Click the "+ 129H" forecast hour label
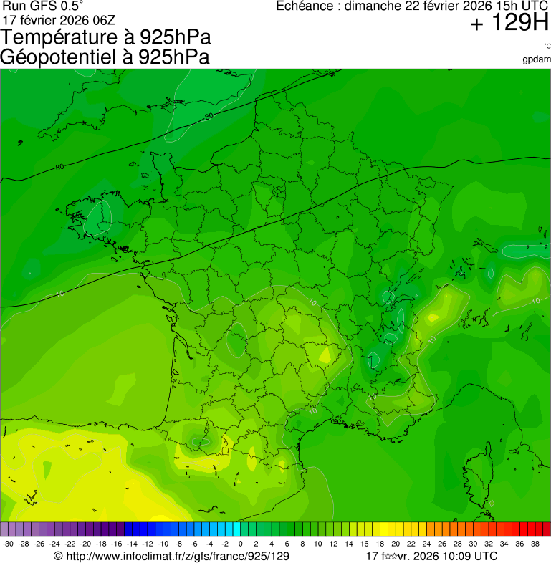[509, 24]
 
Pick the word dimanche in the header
[373, 6]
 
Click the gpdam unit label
[537, 59]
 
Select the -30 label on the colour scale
[7, 544]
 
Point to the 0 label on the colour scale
[239, 544]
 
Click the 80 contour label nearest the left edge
[59, 168]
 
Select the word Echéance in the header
[306, 6]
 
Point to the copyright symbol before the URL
[59, 556]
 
